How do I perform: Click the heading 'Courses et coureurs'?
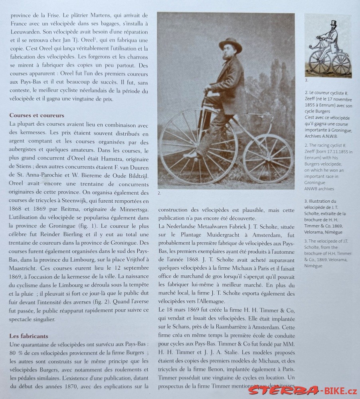click(37, 115)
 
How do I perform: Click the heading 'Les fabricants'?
click(29, 336)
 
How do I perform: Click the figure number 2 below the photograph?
click(159, 193)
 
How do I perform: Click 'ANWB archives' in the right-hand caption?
click(319, 189)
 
